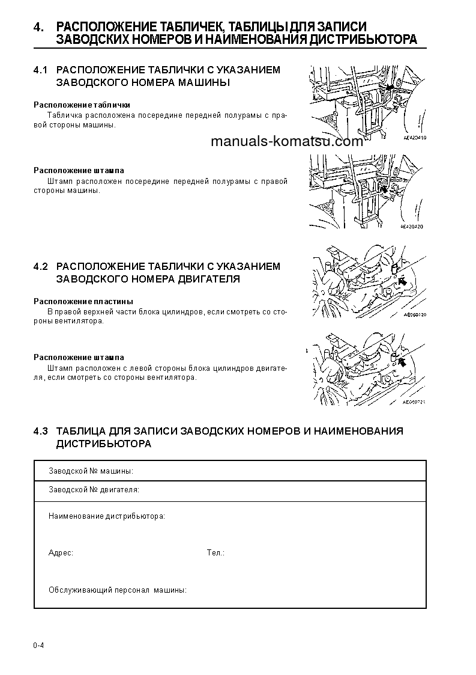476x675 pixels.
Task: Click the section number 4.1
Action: click(40, 70)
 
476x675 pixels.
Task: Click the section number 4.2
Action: click(40, 266)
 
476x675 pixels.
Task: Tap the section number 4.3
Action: click(40, 431)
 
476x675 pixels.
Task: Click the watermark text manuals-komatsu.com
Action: click(287, 142)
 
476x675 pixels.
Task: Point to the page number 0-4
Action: click(39, 646)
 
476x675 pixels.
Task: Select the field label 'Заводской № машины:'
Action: click(91, 471)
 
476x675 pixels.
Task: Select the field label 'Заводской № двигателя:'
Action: click(94, 490)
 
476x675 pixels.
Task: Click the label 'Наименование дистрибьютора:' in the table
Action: click(106, 516)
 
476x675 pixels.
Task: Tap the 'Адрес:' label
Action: click(61, 552)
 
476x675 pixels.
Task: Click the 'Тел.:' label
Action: click(215, 552)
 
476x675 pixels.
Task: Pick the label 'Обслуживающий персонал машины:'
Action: click(117, 590)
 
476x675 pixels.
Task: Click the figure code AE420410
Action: click(414, 138)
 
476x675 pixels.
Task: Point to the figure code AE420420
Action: click(412, 227)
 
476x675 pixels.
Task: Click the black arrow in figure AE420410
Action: click(391, 88)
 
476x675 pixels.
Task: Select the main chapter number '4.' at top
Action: click(39, 27)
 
